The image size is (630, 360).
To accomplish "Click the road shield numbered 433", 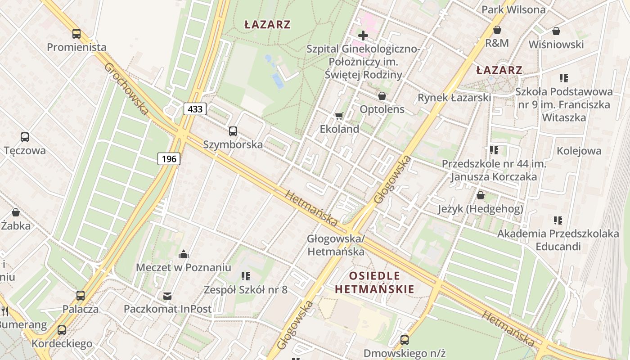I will coord(195,108).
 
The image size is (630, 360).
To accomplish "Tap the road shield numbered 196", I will coord(169,158).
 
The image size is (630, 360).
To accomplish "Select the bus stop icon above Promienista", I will coord(76,33).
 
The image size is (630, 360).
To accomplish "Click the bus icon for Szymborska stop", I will coord(233,131).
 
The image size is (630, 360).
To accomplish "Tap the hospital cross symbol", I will coord(363,35).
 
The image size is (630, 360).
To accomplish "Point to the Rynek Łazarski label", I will coord(454,98).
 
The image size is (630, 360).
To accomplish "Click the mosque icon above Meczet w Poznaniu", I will coord(183,255).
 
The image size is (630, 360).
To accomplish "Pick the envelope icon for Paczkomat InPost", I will coord(167,296).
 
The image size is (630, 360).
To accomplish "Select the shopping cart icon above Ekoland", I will coord(339,116).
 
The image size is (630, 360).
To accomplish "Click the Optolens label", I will coord(382,109).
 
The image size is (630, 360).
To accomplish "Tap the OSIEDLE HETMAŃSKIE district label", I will coord(374,282).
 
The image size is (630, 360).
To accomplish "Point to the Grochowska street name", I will coord(126,89).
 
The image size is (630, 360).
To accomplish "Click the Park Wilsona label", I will coord(513,9).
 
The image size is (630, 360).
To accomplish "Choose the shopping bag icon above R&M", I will coord(497,30).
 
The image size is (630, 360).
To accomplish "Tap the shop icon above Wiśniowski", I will coord(556,31).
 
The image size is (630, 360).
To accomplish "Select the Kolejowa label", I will coord(579,151).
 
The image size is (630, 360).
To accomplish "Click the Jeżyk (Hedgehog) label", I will coord(481,209).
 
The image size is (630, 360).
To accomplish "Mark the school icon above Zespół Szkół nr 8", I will coord(245,276).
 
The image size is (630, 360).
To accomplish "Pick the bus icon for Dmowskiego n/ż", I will coord(405,340).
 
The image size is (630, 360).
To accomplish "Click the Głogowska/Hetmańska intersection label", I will coord(336,245).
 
